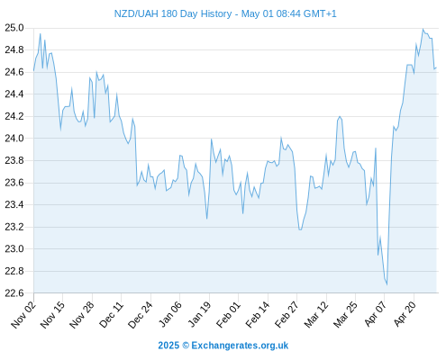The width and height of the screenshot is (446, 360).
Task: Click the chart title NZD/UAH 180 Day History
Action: (x=173, y=13)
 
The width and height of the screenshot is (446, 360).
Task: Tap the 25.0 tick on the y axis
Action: (x=14, y=28)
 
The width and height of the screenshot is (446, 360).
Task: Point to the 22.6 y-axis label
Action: (x=14, y=292)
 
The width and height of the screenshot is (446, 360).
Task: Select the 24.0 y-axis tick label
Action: (x=14, y=139)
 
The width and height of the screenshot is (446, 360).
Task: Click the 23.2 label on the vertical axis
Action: (x=14, y=227)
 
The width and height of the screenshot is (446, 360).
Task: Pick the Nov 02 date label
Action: (x=23, y=315)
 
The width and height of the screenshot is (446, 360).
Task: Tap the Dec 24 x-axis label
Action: (x=141, y=315)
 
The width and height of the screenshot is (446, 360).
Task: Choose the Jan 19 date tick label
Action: (x=199, y=315)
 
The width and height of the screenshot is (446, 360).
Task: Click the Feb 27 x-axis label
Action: (x=287, y=315)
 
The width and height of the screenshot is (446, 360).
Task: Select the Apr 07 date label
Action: (x=375, y=315)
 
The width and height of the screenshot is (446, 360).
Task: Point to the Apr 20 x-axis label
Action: (x=405, y=315)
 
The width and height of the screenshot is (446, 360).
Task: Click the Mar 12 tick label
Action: (x=316, y=315)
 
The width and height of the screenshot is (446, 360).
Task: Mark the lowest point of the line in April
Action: (x=387, y=284)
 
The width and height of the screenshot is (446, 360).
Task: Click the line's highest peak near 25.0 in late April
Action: (x=423, y=29)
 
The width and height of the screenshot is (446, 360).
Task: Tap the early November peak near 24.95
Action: (x=41, y=33)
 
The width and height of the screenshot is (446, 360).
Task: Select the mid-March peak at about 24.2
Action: (x=340, y=116)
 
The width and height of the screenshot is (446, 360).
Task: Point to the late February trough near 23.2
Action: (x=300, y=229)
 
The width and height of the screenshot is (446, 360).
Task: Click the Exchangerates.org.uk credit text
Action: (x=240, y=346)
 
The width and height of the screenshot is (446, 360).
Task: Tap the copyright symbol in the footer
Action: (x=186, y=346)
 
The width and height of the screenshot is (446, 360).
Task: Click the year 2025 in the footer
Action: (x=168, y=346)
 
